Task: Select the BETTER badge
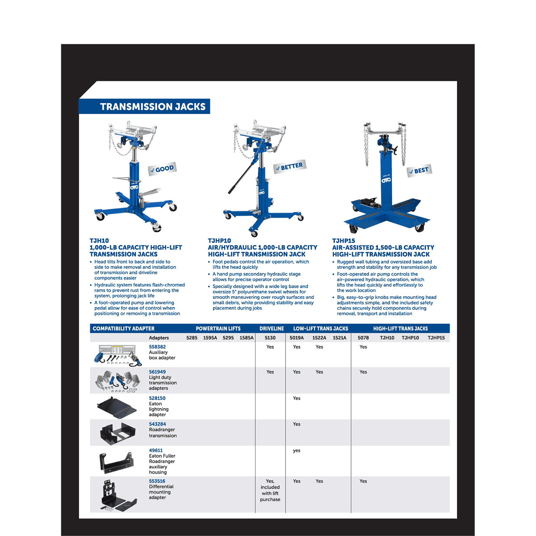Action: coord(289,167)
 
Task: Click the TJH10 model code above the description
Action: coord(99,241)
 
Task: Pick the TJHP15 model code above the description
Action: coord(343,241)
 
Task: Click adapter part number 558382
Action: coord(157,347)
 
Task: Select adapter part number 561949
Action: coord(157,372)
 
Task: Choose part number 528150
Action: coord(157,398)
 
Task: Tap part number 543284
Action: coord(157,424)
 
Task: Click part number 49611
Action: coord(156,450)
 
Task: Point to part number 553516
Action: coord(157,481)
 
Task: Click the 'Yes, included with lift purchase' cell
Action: coord(270,490)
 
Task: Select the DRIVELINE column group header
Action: coord(272,328)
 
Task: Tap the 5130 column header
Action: coord(270,338)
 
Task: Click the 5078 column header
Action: coord(363,338)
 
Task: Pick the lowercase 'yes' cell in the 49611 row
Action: coord(297,450)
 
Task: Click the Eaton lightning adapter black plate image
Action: coord(117,406)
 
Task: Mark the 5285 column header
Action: coord(192,338)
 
